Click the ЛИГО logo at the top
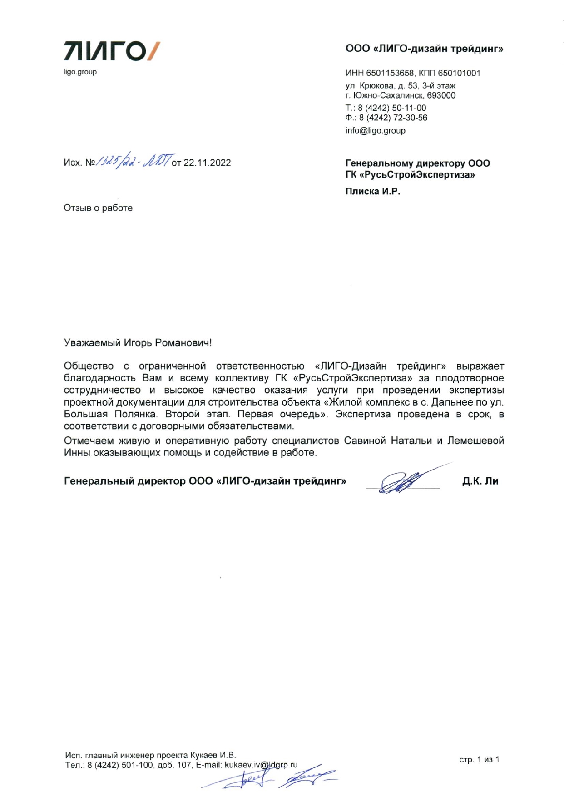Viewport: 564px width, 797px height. tap(111, 51)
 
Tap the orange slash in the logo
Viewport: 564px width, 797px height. tap(154, 51)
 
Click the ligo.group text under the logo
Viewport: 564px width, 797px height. tap(80, 72)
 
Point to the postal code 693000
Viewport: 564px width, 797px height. tap(441, 95)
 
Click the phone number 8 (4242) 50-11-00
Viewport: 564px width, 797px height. tap(392, 108)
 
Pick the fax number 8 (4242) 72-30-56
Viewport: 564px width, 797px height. tap(393, 118)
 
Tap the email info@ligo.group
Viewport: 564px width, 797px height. tap(375, 130)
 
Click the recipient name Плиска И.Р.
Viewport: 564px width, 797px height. tap(372, 191)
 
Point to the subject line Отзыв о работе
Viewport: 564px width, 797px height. tap(98, 208)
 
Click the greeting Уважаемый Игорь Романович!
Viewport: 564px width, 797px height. tap(138, 342)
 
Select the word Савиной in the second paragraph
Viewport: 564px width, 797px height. tap(365, 441)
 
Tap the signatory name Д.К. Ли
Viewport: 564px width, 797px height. tap(480, 481)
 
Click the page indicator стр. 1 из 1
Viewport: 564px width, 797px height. tap(479, 759)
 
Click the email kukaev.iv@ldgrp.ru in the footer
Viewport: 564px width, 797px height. tap(261, 765)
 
